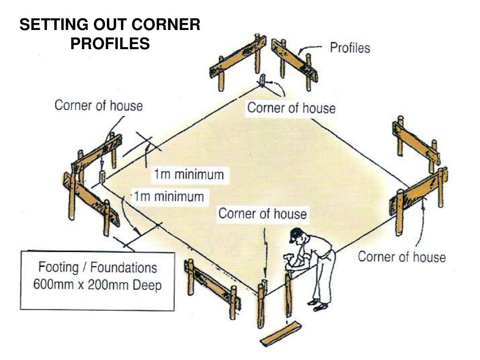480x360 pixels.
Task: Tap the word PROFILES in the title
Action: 110,44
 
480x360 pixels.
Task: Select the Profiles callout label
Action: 350,47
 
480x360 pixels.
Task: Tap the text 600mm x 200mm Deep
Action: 97,285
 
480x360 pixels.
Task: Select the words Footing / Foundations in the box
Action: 97,268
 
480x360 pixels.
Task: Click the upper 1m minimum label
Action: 189,175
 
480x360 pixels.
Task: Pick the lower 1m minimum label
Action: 169,195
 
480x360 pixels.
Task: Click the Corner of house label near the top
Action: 291,108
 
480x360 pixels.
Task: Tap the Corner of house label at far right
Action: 402,256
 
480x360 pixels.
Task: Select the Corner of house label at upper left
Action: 98,105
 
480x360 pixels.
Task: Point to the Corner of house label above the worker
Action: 262,214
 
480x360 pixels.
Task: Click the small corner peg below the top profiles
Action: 262,80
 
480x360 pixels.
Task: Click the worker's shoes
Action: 318,305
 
